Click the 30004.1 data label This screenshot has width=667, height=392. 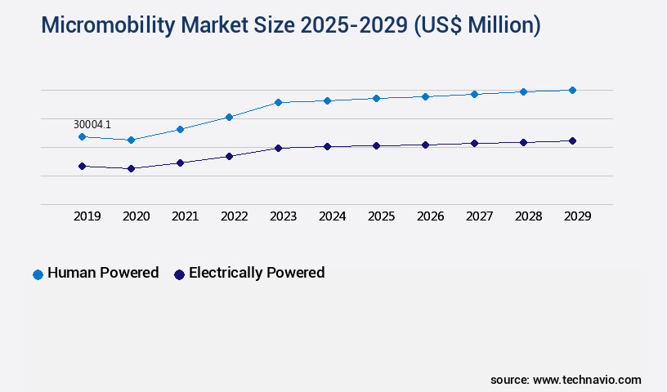pyautogui.click(x=92, y=124)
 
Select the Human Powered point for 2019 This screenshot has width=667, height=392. pyautogui.click(x=82, y=136)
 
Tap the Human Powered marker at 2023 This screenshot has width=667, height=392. pyautogui.click(x=278, y=102)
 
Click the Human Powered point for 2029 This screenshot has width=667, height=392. pyautogui.click(x=572, y=90)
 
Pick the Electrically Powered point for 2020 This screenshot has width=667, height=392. pyautogui.click(x=131, y=168)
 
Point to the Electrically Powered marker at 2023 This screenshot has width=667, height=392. pyautogui.click(x=278, y=148)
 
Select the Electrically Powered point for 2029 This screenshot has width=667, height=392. pyautogui.click(x=572, y=140)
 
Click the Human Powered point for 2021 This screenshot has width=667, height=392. pyautogui.click(x=180, y=129)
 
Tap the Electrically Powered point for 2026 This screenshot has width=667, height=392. pyautogui.click(x=425, y=145)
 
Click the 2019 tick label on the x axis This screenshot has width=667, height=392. pyautogui.click(x=87, y=216)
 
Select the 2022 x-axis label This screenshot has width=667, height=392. pyautogui.click(x=234, y=216)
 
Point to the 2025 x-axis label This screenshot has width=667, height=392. pyautogui.click(x=381, y=216)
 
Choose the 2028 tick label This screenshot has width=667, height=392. pyautogui.click(x=528, y=216)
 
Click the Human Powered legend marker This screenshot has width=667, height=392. pyautogui.click(x=38, y=274)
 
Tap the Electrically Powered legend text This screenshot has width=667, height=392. pyautogui.click(x=256, y=273)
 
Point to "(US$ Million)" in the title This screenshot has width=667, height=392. pyautogui.click(x=477, y=25)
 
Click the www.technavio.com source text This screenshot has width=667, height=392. pyautogui.click(x=587, y=380)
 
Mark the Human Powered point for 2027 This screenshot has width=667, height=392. pyautogui.click(x=474, y=94)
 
